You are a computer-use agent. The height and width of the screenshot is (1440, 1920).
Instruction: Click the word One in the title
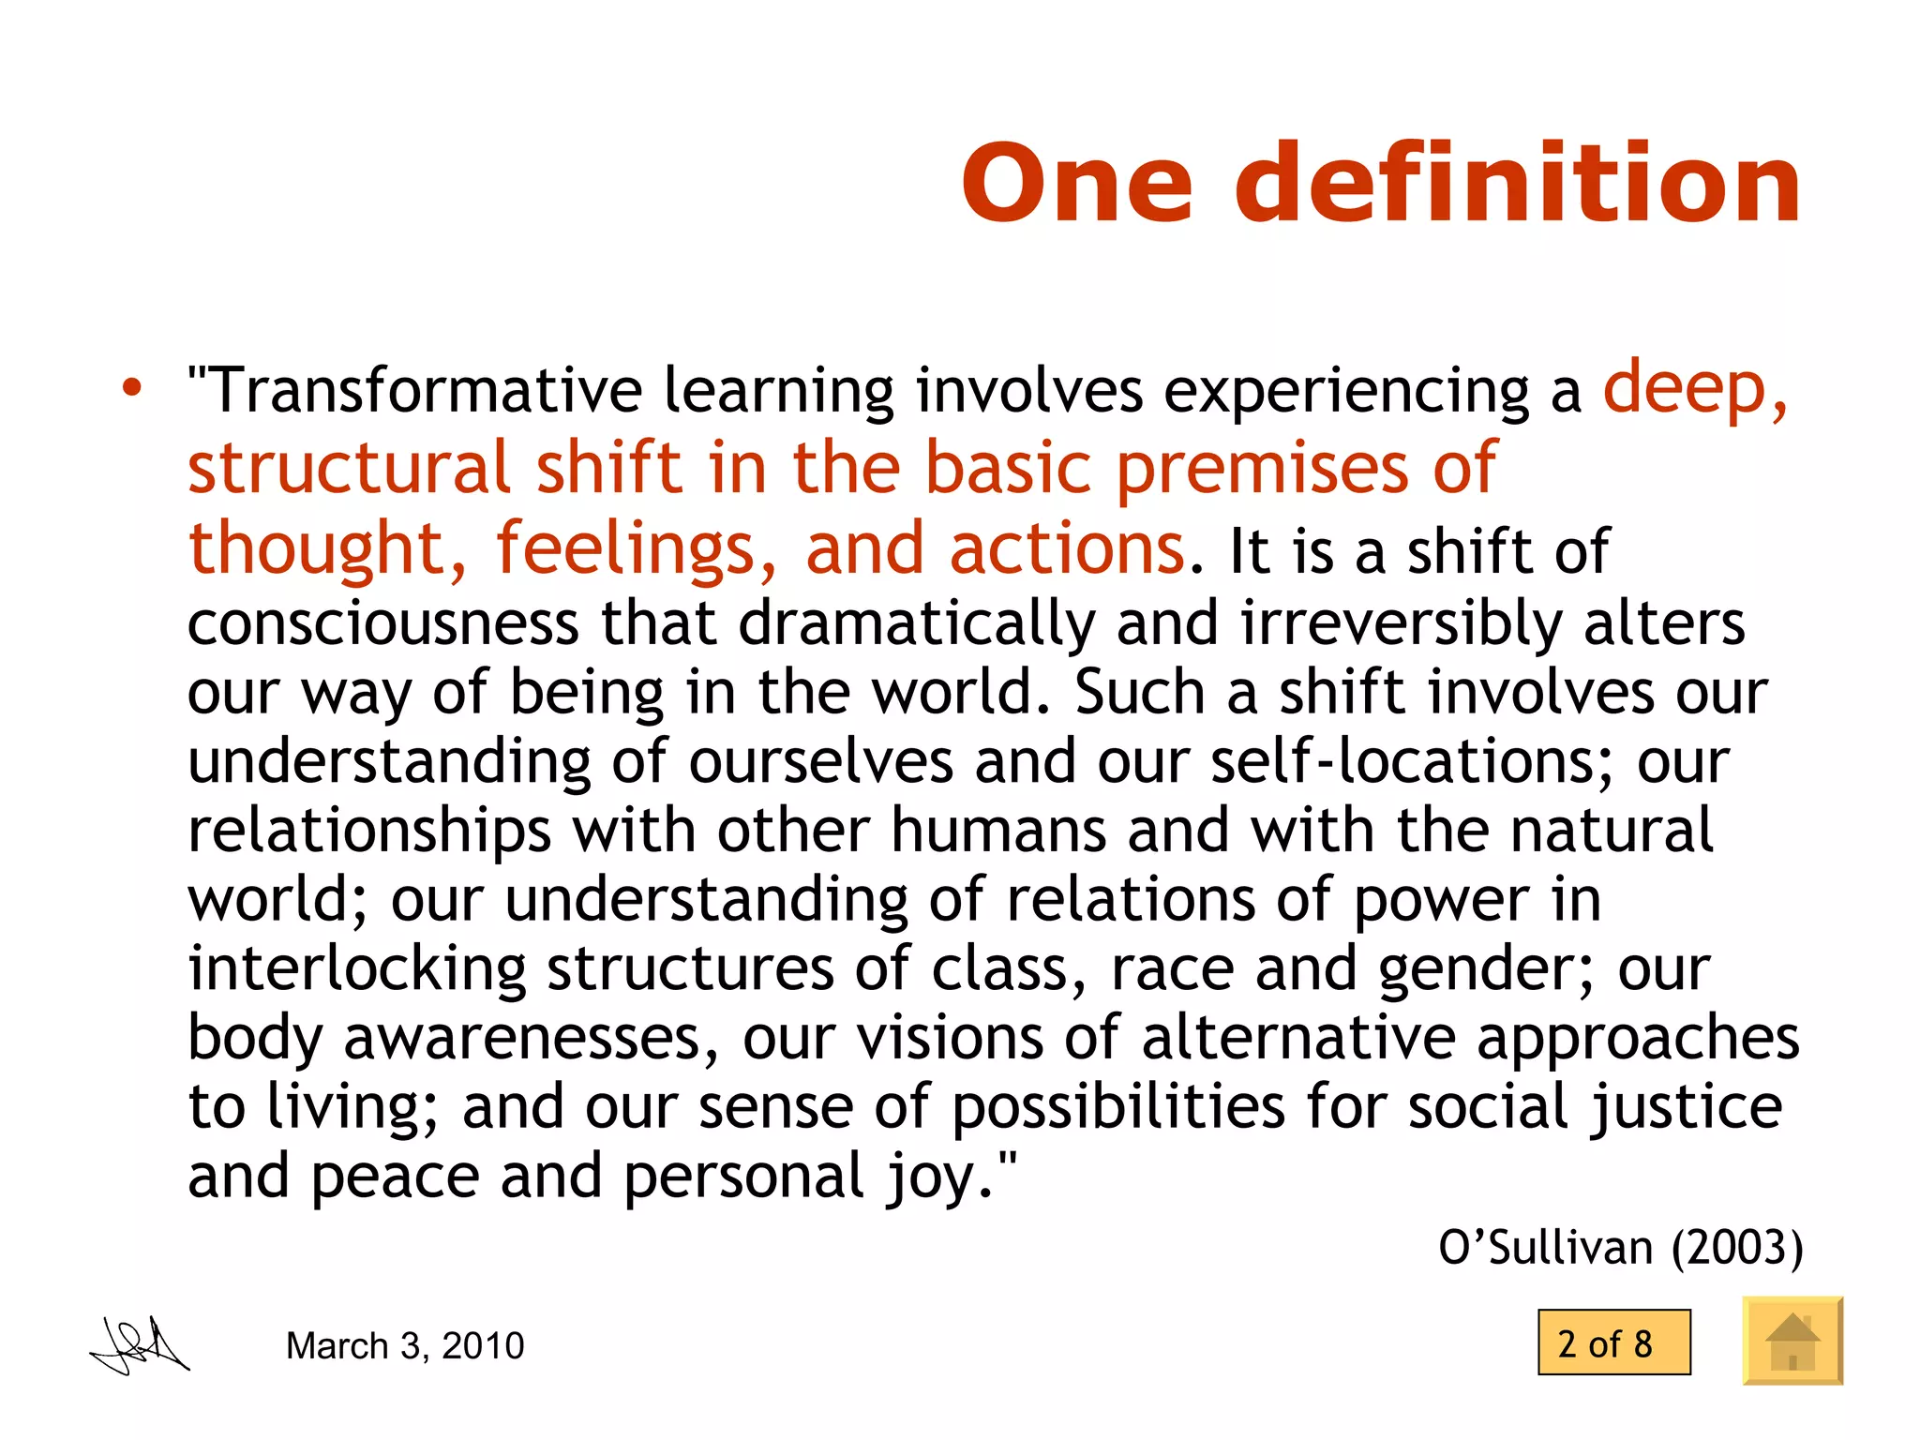pyautogui.click(x=1078, y=184)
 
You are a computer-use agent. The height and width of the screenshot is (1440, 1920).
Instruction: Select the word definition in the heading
pyautogui.click(x=1519, y=184)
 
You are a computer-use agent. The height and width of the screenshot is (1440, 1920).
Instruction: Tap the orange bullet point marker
pyautogui.click(x=132, y=387)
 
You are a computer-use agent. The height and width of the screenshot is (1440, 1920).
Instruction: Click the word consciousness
pyautogui.click(x=383, y=623)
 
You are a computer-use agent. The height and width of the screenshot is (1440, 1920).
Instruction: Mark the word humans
pyautogui.click(x=998, y=831)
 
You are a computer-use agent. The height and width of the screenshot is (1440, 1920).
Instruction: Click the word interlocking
pyautogui.click(x=357, y=968)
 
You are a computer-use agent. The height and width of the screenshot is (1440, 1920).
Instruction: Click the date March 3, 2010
pyautogui.click(x=405, y=1345)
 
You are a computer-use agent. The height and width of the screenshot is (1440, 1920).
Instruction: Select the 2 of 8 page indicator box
pyautogui.click(x=1613, y=1342)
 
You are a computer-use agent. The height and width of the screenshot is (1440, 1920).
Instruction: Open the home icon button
pyautogui.click(x=1792, y=1341)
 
